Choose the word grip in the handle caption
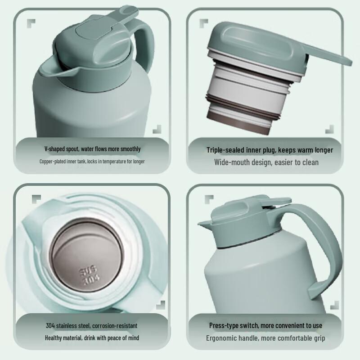(318, 338)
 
